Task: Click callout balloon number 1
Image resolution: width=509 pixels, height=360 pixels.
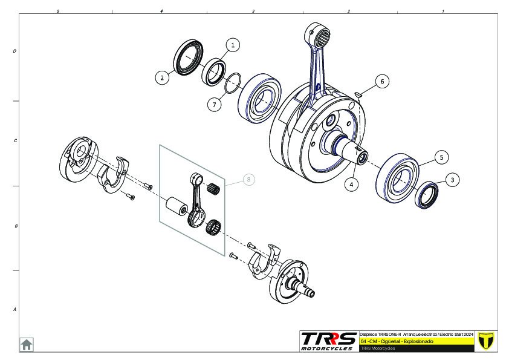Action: coord(233,44)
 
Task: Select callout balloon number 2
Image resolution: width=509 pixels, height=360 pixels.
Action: coord(161,77)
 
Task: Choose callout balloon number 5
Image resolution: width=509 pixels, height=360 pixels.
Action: coord(441,157)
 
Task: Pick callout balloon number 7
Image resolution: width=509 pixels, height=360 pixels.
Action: coord(213,105)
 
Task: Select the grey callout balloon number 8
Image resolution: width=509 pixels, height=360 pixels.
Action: coord(249,180)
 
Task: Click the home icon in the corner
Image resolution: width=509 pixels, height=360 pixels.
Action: coord(27,344)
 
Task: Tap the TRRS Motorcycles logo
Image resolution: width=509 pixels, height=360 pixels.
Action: coord(329,341)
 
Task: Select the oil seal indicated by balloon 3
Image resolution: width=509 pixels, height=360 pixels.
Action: coord(427,195)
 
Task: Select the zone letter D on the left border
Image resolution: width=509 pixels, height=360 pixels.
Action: coord(15,51)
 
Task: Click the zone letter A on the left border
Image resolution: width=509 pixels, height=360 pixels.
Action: coord(15,310)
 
